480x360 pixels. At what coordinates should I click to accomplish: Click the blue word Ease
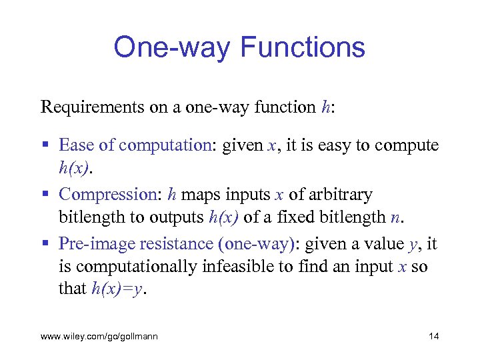(x=75, y=145)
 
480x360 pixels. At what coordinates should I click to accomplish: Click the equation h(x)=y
(x=117, y=289)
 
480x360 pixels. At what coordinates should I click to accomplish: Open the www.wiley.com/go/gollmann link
(x=99, y=337)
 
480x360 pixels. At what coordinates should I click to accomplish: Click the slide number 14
(x=433, y=337)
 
